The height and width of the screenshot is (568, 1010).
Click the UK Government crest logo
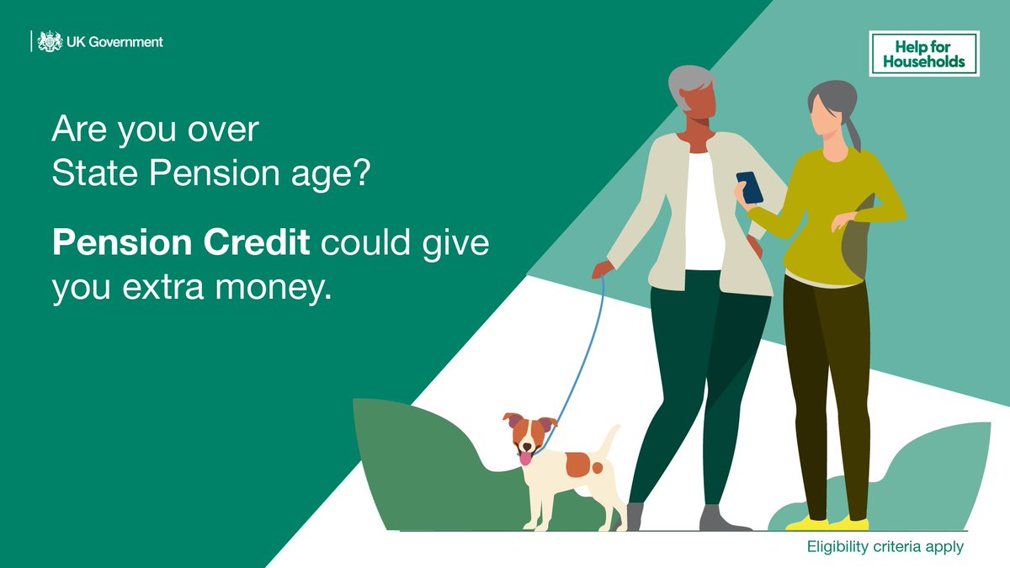[x=50, y=41]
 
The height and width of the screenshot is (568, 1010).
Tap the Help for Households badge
[x=923, y=54]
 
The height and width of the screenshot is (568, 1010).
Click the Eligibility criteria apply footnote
[x=885, y=547]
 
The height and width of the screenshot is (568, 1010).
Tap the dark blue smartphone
[x=749, y=187]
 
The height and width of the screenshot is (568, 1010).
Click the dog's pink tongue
[x=526, y=458]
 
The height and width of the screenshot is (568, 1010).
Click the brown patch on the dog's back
[x=578, y=464]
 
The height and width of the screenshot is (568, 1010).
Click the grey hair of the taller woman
[x=691, y=80]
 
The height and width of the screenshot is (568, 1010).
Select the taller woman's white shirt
[x=703, y=210]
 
